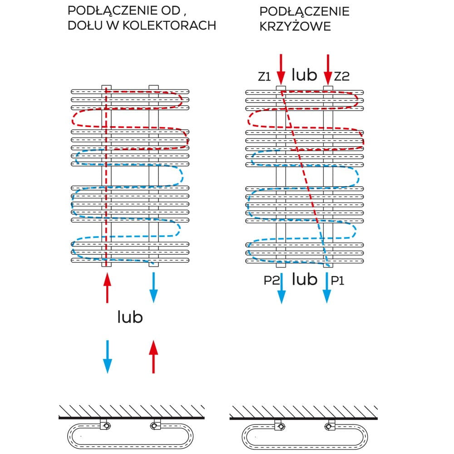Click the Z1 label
(x=265, y=77)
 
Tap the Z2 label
(x=342, y=77)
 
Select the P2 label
(x=271, y=281)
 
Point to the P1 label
(x=337, y=281)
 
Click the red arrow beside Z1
(x=281, y=68)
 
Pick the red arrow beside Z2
(x=327, y=68)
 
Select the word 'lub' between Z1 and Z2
(x=304, y=75)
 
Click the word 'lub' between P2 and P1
(x=304, y=279)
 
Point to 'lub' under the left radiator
(x=130, y=317)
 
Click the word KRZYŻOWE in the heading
(x=295, y=26)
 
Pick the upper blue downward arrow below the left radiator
(x=153, y=287)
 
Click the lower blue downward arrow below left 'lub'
(x=107, y=356)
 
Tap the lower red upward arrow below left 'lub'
(x=153, y=356)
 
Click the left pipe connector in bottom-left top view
(x=105, y=425)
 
